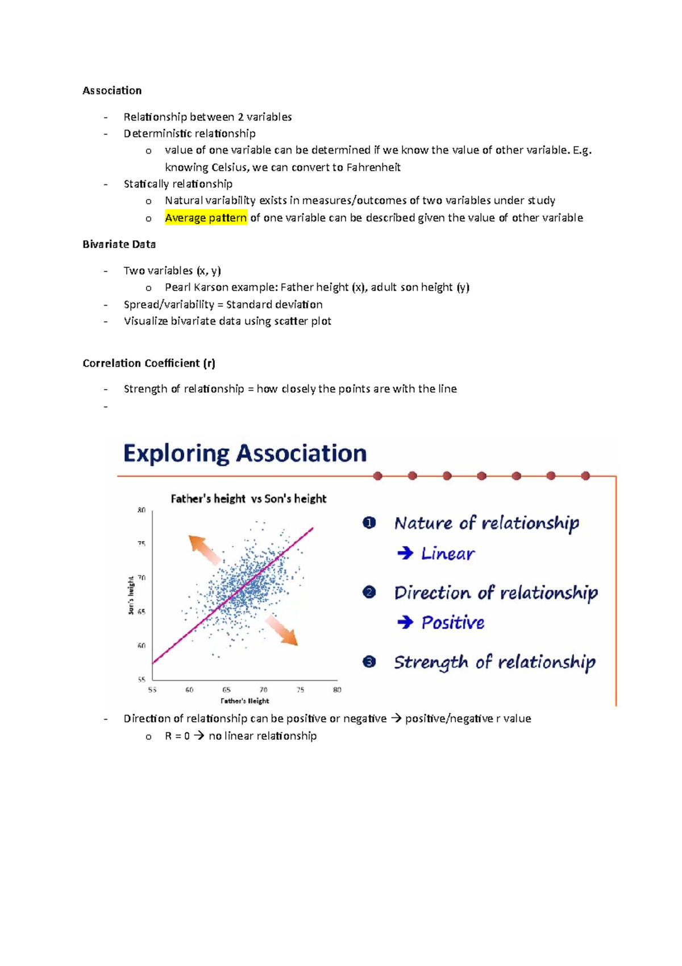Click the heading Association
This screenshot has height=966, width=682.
point(112,90)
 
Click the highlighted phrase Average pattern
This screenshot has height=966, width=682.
point(206,218)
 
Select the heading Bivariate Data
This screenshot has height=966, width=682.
point(119,244)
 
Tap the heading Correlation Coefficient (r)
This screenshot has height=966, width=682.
point(148,363)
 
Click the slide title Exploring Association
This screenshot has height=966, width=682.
point(245,454)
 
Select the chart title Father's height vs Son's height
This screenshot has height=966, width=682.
point(248,499)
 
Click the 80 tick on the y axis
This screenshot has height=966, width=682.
point(142,510)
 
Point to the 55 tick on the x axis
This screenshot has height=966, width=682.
point(152,690)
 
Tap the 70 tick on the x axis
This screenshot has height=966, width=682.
point(264,690)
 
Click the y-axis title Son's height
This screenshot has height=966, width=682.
point(131,595)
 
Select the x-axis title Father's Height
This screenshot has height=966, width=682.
point(245,701)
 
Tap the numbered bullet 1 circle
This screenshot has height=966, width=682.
point(369,523)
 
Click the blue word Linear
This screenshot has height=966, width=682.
point(447,554)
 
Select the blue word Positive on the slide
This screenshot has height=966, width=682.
point(452,622)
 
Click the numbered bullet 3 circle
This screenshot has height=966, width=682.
point(369,662)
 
